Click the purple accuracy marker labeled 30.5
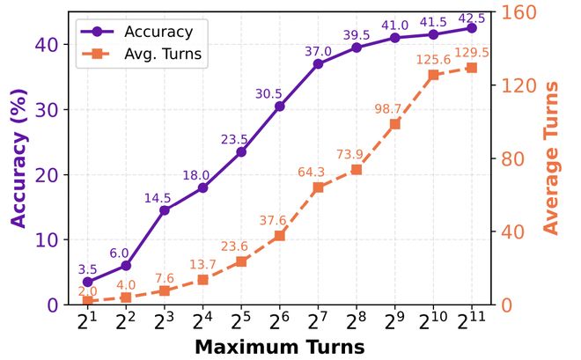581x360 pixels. pyautogui.click(x=279, y=107)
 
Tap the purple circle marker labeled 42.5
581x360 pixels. pyautogui.click(x=472, y=28)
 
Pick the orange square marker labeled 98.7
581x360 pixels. pyautogui.click(x=394, y=124)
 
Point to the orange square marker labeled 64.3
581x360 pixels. pyautogui.click(x=318, y=187)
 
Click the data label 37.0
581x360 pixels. pyautogui.click(x=317, y=52)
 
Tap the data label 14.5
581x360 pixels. pyautogui.click(x=164, y=198)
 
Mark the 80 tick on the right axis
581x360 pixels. pyautogui.click(x=514, y=159)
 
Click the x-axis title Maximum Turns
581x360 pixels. pyautogui.click(x=279, y=346)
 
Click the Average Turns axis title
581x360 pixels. pyautogui.click(x=551, y=158)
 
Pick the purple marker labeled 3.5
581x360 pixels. pyautogui.click(x=87, y=282)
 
